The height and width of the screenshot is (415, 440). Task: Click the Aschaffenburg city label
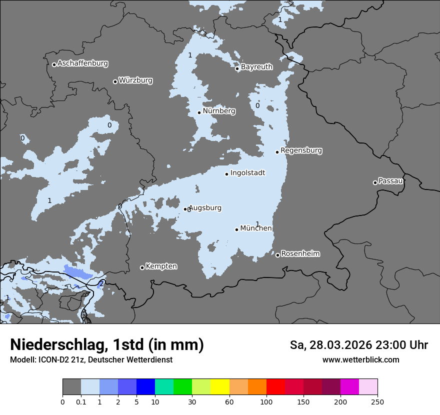pos(82,63)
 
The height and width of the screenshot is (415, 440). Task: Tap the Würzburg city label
pos(135,80)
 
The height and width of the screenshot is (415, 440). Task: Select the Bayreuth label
pos(256,66)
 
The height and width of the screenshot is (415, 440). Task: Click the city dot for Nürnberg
pos(199,112)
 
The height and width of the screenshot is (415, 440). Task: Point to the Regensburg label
pos(301,150)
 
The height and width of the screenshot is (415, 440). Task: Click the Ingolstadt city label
pos(247,172)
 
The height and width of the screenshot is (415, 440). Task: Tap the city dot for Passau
pos(375,182)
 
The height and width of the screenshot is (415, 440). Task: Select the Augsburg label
pos(205,207)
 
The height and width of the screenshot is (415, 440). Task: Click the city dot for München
pos(237,229)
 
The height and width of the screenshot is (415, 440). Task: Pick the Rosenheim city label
pos(300,253)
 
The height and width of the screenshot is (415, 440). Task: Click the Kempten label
pos(161,266)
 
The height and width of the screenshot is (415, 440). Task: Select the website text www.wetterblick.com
pos(360,359)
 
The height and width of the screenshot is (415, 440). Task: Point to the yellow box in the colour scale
pos(220,387)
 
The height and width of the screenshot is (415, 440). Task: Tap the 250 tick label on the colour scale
pos(377,401)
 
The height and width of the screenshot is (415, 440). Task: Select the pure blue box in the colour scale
pos(145,387)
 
